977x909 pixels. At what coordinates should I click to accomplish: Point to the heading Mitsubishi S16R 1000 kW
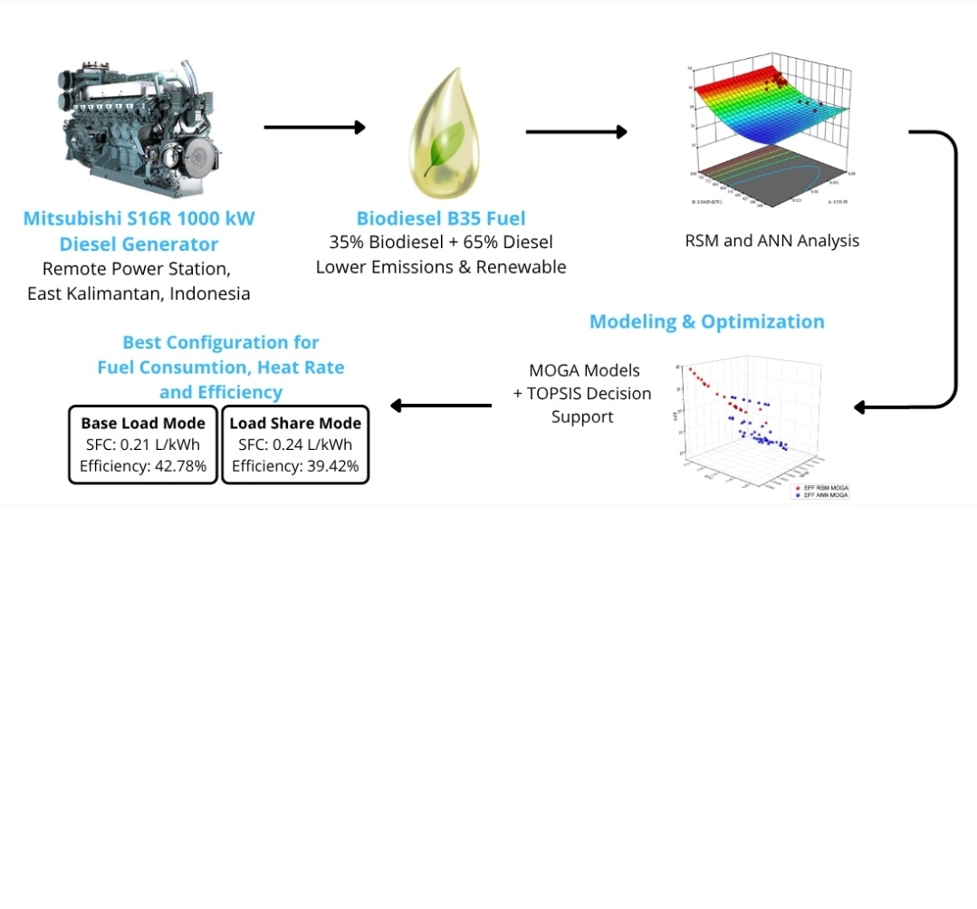point(139,218)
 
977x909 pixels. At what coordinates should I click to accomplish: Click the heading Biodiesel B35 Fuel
point(441,218)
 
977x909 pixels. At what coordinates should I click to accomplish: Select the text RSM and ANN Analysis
point(771,241)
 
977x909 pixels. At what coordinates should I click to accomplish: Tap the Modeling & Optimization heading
point(706,321)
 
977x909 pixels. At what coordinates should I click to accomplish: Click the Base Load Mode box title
point(143,423)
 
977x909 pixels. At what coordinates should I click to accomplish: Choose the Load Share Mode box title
point(295,423)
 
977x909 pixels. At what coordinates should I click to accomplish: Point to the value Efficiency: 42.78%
point(143,466)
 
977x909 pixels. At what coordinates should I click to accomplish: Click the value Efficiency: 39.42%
point(295,466)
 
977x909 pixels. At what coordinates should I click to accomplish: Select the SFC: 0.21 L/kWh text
point(143,445)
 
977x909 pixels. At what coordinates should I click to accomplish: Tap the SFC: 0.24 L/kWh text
point(295,445)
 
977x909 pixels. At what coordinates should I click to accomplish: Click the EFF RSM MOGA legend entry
point(824,488)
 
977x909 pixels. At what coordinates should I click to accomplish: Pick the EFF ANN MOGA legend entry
point(824,495)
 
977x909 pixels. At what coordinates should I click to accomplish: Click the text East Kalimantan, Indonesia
point(139,293)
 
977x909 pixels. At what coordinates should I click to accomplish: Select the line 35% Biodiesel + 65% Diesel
point(441,243)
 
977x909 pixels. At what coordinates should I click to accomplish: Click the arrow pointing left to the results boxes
point(441,406)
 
